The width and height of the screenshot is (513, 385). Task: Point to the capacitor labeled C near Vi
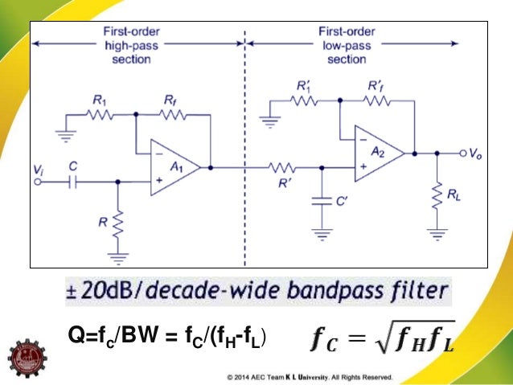click(72, 182)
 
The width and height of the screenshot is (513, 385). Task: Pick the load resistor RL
click(437, 195)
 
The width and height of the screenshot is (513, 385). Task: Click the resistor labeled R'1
click(305, 100)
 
